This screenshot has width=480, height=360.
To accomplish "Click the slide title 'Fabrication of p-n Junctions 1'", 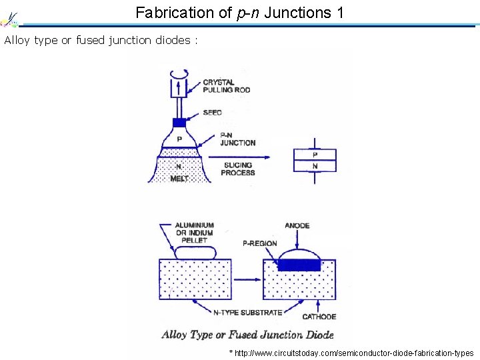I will pos(239,12).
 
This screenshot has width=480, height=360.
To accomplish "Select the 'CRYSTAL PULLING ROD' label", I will pos(219,86).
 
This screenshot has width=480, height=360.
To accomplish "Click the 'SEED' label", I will pos(212,113).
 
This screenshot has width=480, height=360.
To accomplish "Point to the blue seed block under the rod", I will pos(179,123).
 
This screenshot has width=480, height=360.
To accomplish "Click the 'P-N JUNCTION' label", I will pos(237,139).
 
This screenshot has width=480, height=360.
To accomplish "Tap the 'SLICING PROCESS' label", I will pos(238,169).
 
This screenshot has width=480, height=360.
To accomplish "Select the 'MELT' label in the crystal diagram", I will pos(179,179).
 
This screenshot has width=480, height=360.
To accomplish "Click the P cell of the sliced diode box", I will pos(315,155).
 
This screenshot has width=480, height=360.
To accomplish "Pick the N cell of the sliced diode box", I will pos(315,166).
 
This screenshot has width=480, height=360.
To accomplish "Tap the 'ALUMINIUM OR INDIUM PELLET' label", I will pos(194,233).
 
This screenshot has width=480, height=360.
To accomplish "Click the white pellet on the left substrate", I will pos(195,252).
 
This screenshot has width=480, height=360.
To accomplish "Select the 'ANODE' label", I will pos(297,225).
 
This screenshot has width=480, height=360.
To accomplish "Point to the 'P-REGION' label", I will pos(260,243).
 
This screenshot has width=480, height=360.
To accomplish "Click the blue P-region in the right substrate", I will pos(298,265).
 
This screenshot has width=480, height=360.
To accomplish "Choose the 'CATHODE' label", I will pos(319,317).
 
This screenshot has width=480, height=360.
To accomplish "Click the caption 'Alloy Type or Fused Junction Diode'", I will pos(247,335).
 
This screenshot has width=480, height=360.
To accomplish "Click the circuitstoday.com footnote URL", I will pos(351,353).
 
